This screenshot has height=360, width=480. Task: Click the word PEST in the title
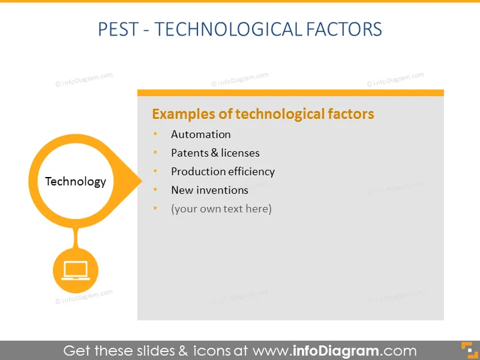coord(118,29)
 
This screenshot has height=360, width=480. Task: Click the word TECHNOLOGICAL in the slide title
coord(229,29)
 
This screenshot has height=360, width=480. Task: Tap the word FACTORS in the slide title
coord(344,29)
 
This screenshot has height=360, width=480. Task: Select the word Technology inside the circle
coord(76,182)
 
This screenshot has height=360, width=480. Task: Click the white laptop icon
coord(76,271)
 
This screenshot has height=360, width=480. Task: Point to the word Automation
coord(201,134)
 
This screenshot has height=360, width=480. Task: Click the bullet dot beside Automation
coord(155,134)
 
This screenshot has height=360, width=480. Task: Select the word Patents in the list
coord(190,153)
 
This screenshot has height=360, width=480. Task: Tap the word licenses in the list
coord(240,153)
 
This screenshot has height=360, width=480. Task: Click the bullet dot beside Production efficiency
coord(155,171)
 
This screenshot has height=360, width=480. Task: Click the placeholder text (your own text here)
coord(221,209)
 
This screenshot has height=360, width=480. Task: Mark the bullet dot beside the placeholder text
coord(155,208)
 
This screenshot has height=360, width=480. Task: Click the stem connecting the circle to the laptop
coord(76,238)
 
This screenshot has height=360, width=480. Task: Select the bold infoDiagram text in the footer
coord(336,351)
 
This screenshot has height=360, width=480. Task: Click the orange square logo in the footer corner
coord(469,350)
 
